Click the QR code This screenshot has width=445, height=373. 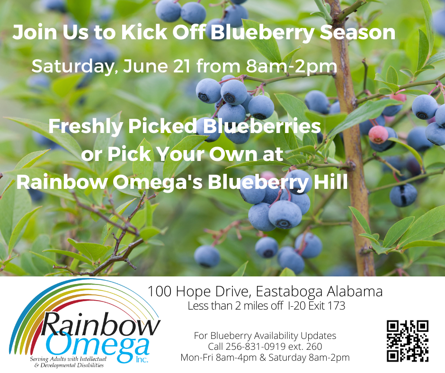408,341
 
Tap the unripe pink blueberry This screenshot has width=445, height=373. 378,134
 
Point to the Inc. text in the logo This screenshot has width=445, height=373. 142,359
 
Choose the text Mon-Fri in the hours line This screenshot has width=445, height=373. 197,357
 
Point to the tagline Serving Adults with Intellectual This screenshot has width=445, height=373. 68,359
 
